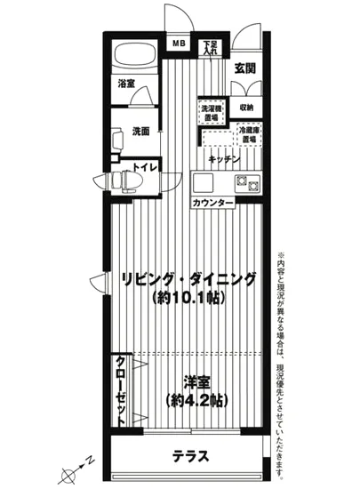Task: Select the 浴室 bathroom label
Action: (x=126, y=84)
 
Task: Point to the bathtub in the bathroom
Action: (x=133, y=55)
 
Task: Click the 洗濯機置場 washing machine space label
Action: (x=212, y=113)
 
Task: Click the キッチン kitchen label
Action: (x=224, y=158)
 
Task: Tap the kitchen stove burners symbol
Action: (x=245, y=184)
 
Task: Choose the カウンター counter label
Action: (x=213, y=204)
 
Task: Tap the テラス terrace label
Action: (x=190, y=458)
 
